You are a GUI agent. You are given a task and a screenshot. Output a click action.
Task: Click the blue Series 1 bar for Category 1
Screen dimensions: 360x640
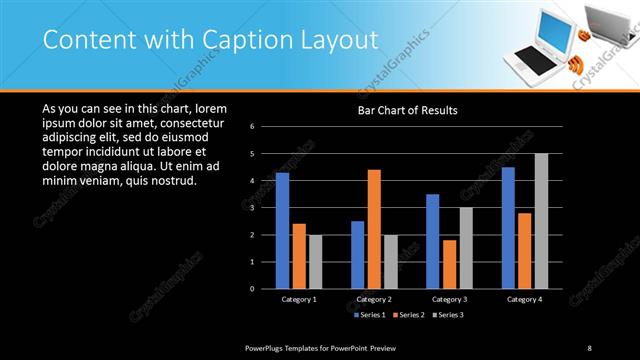(282, 230)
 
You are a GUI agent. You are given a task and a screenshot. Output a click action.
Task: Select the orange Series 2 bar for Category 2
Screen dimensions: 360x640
(374, 228)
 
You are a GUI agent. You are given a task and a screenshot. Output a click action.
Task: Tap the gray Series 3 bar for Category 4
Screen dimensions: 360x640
(541, 220)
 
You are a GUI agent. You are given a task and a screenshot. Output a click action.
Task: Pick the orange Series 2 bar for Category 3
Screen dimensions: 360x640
(449, 263)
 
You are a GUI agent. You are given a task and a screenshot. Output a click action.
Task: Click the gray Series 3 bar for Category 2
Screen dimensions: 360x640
(391, 261)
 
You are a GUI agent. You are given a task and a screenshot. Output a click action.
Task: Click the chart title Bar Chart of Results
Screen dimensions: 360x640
(407, 110)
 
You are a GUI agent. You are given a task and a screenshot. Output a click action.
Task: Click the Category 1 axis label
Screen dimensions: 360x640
(297, 299)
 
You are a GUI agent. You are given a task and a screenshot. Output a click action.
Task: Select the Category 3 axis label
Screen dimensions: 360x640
(449, 299)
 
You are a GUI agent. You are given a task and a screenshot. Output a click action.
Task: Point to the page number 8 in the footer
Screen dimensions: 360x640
(590, 347)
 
